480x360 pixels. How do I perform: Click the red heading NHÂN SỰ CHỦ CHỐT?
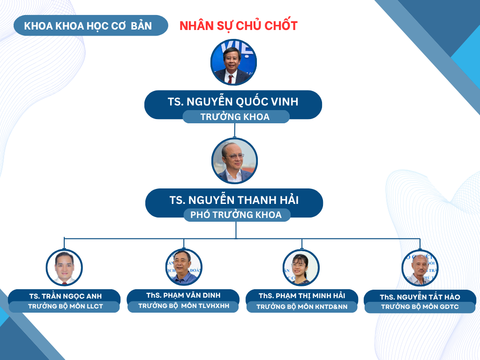pos(239,25)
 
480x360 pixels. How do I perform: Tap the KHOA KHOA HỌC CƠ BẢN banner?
pos(91,25)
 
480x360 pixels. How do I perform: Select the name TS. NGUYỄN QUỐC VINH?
pos(233,101)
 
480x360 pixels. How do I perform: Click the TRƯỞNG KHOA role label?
pos(235,117)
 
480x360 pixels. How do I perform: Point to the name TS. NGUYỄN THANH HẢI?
pos(234,200)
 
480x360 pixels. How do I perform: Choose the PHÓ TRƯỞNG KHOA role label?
pos(236,215)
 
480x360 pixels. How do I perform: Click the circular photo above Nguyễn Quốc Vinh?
pos(233,62)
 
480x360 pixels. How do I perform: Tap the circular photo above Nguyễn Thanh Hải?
pos(235,161)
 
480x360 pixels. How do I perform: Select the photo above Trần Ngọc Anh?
pos(64,268)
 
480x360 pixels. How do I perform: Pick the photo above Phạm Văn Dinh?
pos(184,267)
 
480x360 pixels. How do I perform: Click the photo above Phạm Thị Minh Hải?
pos(301,268)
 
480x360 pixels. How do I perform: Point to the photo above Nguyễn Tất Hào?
pos(420,268)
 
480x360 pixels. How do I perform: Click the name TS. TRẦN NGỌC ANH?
pos(66,296)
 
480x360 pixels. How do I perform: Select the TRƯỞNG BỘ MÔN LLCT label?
pos(66,306)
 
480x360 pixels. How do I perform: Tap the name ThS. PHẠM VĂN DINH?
pos(183,295)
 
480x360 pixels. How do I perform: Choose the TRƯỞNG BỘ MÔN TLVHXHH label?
pos(184,306)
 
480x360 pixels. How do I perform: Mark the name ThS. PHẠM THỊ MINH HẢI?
pos(302,296)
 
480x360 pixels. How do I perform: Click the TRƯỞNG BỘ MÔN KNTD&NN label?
pos(302,307)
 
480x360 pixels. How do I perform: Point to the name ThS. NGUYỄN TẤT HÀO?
pos(420,297)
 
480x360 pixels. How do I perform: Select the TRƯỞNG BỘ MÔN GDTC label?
pos(420,307)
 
